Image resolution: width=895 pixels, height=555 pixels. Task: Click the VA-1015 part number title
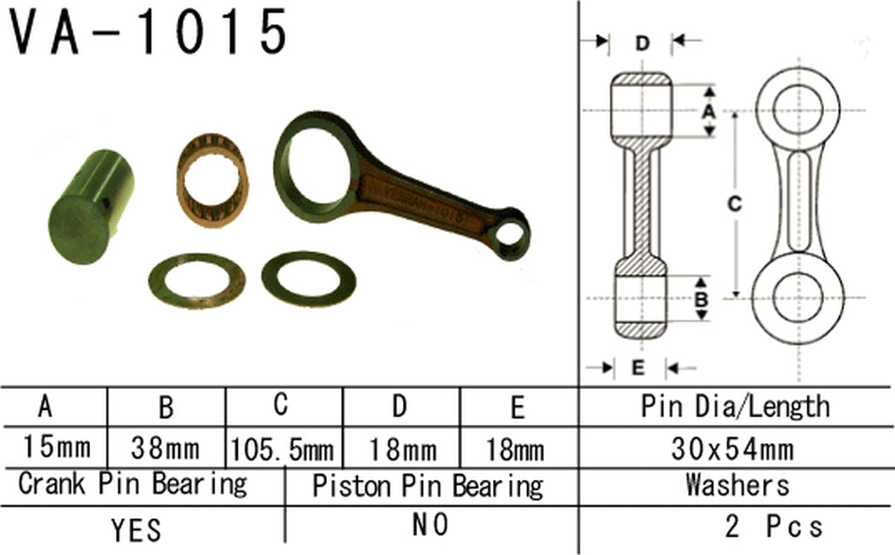(x=149, y=33)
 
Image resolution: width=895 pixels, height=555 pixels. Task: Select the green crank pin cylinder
(x=90, y=206)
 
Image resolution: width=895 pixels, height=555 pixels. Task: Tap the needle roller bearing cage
(x=212, y=178)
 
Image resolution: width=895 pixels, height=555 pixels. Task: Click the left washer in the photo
(x=196, y=280)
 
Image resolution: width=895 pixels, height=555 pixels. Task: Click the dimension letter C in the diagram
(x=735, y=204)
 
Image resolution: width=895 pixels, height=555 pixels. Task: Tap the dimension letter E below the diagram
(x=637, y=368)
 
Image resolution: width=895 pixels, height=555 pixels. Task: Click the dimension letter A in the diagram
(x=710, y=111)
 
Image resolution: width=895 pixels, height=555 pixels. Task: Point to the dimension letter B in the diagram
(x=700, y=299)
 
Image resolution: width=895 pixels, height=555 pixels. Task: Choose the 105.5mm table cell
(x=282, y=450)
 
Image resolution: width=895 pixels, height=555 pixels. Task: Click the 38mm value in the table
(x=165, y=450)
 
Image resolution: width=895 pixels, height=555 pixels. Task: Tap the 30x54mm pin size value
(x=733, y=450)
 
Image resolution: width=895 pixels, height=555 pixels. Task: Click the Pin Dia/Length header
(x=735, y=406)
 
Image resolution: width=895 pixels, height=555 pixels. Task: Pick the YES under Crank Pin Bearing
(x=136, y=529)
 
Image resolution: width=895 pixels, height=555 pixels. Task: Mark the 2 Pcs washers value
(x=774, y=527)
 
